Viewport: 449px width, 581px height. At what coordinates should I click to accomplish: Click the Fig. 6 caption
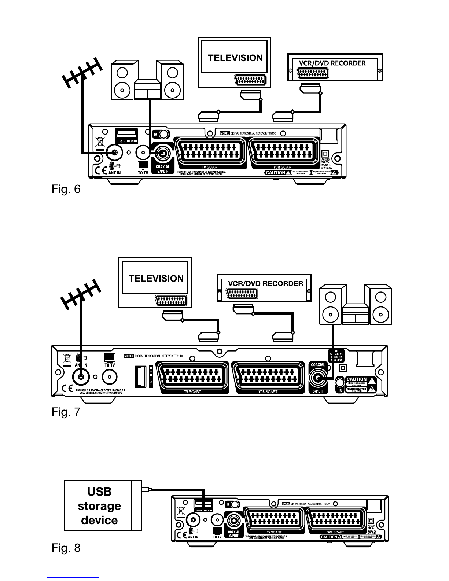pyautogui.click(x=65, y=190)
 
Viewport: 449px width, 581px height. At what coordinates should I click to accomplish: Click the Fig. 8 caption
pyautogui.click(x=65, y=548)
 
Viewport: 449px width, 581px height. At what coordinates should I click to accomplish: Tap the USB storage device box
pyautogui.click(x=99, y=505)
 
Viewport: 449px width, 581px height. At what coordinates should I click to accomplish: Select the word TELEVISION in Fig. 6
pyautogui.click(x=235, y=58)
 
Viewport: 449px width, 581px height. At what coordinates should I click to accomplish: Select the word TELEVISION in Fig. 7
pyautogui.click(x=156, y=278)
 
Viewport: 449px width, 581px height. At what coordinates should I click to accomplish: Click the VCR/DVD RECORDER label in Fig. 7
pyautogui.click(x=266, y=283)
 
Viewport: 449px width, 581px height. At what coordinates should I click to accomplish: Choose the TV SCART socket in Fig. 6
pyautogui.click(x=210, y=151)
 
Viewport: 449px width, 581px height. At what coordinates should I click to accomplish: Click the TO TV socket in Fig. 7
pyautogui.click(x=110, y=376)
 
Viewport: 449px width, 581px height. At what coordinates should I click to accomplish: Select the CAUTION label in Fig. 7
pyautogui.click(x=356, y=379)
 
